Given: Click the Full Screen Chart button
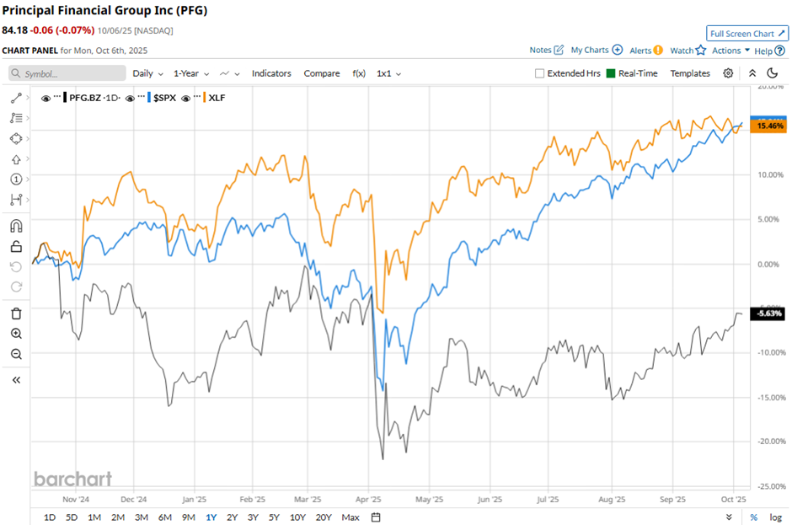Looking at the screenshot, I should [x=747, y=34].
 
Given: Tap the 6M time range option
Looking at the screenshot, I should [x=163, y=517].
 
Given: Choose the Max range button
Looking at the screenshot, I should [x=351, y=517].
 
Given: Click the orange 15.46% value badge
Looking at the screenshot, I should [x=770, y=126].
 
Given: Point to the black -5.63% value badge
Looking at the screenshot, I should [x=770, y=313].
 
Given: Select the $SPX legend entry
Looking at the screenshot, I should [x=165, y=98].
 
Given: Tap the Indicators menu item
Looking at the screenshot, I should [x=271, y=73].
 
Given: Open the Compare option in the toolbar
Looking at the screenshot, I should [x=322, y=73].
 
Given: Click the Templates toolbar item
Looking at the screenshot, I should [x=690, y=73].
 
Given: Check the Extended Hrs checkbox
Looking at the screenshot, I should [x=540, y=73].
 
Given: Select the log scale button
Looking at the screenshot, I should [x=775, y=517].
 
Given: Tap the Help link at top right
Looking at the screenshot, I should [x=763, y=51].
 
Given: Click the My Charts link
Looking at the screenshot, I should [x=590, y=51].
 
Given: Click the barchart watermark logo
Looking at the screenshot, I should [x=72, y=479].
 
